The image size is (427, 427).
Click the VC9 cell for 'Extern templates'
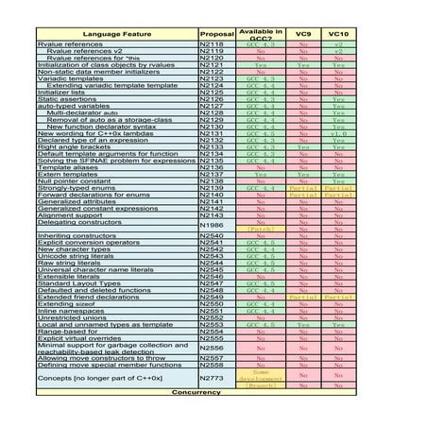[303, 173]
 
